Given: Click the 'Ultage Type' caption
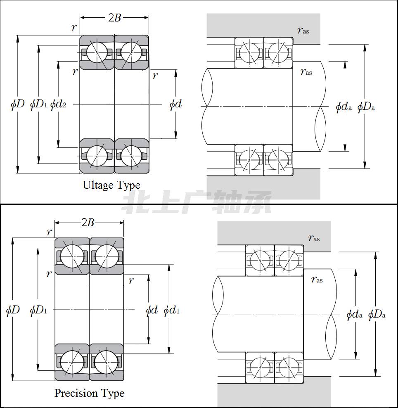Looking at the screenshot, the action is [x=111, y=185].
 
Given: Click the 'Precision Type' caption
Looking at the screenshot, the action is [x=90, y=393].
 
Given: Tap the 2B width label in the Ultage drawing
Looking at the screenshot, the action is [x=115, y=17].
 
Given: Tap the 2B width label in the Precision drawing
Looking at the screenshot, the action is [x=88, y=223].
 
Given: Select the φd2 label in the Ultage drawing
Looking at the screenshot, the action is [x=58, y=104].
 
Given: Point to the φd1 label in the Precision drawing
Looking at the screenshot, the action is [x=172, y=310].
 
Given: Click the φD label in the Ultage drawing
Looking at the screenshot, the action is [x=17, y=104].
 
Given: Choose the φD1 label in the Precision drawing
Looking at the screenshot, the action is [x=38, y=310].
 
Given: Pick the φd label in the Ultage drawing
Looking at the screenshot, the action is [x=175, y=104].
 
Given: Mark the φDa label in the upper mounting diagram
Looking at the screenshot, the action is [x=366, y=107].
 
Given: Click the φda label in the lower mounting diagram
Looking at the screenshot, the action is [x=354, y=315].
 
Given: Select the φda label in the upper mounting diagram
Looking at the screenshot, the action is [x=344, y=107].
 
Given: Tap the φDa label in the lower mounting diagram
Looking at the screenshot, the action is [x=377, y=315].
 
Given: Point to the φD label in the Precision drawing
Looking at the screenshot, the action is [x=13, y=310].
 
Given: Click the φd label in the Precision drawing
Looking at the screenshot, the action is [x=152, y=310].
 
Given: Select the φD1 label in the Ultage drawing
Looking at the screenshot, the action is [x=38, y=104].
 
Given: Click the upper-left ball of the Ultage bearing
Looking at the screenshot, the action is [x=97, y=52].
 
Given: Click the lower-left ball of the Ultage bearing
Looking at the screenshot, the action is [x=97, y=156].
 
